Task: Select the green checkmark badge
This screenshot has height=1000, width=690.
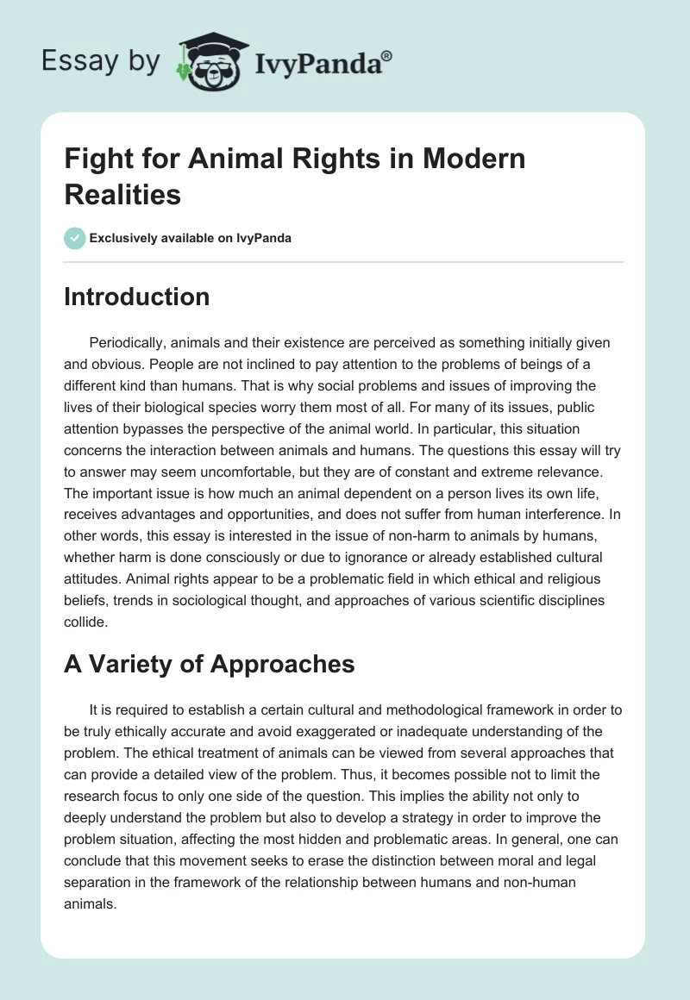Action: click(75, 238)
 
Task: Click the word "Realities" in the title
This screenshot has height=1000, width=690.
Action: click(122, 195)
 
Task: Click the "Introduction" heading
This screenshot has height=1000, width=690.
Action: click(137, 297)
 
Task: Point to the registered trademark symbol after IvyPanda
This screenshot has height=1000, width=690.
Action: click(387, 55)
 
